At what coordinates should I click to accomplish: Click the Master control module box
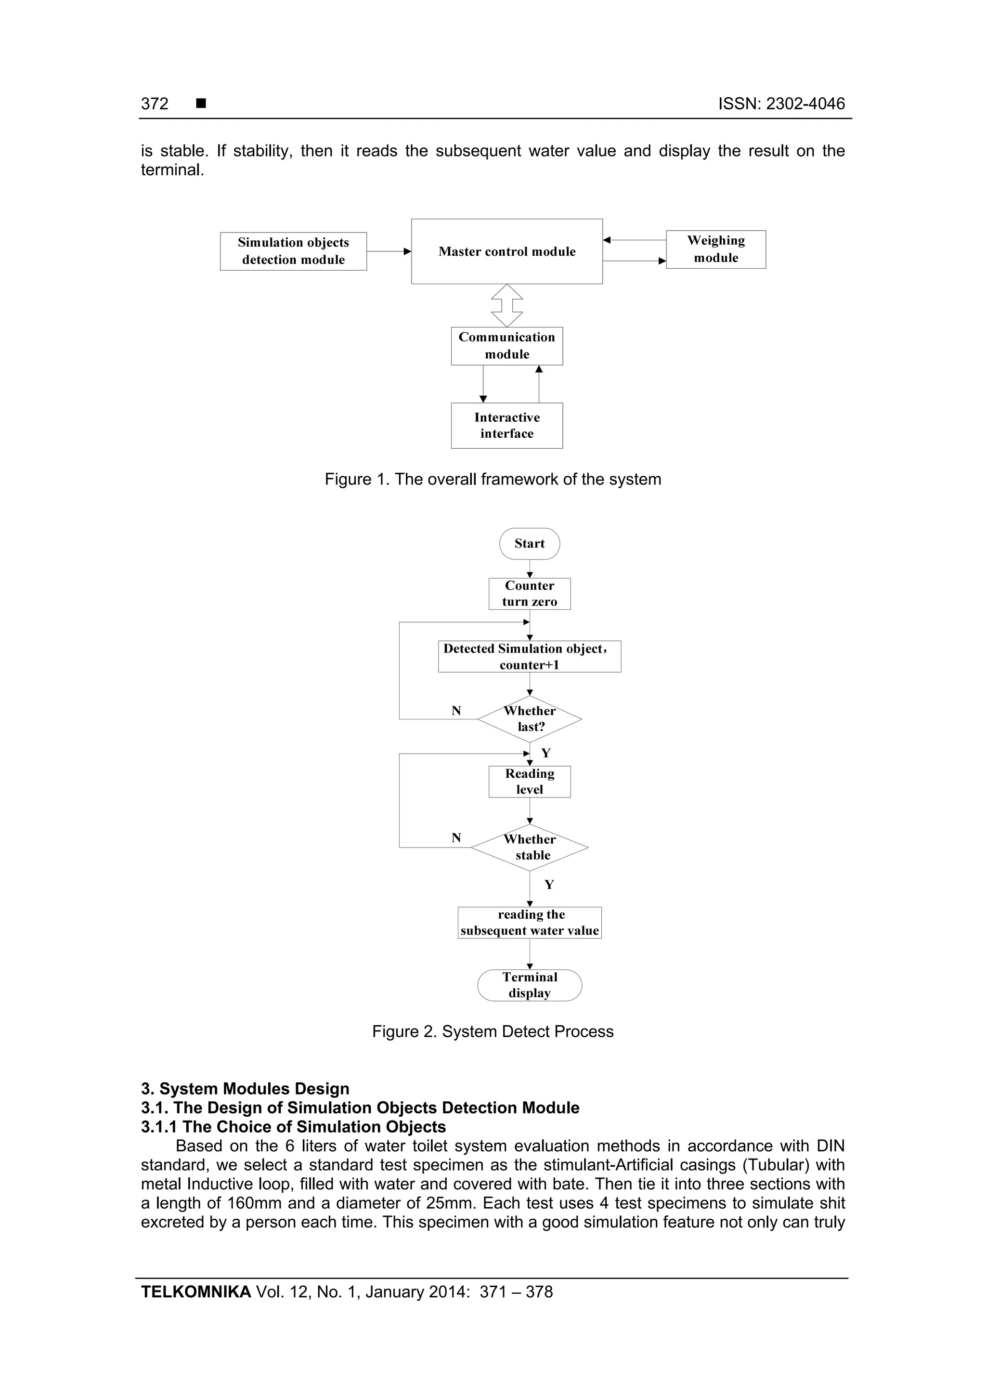(506, 251)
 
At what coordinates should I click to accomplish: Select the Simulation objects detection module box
(293, 251)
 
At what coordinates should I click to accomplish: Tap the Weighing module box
(715, 249)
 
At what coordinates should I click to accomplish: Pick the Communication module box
(506, 346)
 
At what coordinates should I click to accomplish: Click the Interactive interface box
(506, 425)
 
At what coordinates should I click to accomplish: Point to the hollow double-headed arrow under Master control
(506, 306)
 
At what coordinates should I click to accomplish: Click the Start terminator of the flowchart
(529, 543)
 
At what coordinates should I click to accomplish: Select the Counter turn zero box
(529, 594)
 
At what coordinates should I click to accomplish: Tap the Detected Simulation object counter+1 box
(529, 656)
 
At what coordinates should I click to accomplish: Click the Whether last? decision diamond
(529, 719)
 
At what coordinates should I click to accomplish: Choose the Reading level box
(529, 782)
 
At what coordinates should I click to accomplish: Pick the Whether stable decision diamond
(529, 847)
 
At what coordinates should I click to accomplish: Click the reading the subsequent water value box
(529, 922)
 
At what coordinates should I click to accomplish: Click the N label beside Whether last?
(456, 711)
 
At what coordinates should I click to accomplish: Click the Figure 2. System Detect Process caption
(493, 1031)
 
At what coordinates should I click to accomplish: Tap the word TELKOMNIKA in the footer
(195, 1292)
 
